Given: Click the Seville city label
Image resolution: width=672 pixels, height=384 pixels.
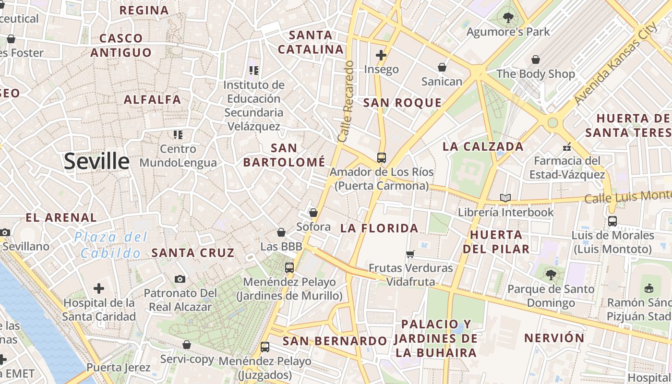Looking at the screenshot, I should (x=96, y=161).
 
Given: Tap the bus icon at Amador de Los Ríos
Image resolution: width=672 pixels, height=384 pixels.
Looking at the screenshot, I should (x=382, y=157).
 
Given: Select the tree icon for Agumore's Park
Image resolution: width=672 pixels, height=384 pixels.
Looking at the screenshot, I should (x=508, y=18).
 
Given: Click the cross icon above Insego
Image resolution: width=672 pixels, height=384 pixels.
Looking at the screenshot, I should (x=381, y=55).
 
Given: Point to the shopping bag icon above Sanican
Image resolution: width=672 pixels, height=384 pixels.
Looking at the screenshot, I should (x=442, y=67).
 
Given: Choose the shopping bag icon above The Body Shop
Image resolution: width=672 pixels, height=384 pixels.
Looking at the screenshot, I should (x=536, y=60).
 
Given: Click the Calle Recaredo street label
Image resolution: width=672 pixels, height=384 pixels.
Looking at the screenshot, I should (x=346, y=101).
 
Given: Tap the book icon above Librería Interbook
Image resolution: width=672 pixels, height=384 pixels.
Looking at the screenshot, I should (x=505, y=198).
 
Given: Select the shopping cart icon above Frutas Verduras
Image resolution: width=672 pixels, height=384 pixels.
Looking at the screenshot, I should (x=410, y=253).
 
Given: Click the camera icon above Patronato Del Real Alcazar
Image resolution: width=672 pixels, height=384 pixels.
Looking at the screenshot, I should (x=180, y=279).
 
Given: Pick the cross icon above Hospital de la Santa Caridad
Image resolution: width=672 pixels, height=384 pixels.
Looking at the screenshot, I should (x=99, y=288).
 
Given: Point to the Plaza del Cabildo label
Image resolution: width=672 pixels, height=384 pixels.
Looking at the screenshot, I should (x=111, y=245).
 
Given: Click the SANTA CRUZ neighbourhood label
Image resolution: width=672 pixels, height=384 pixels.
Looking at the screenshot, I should (x=193, y=252).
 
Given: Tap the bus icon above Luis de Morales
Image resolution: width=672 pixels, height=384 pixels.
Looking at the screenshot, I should (x=612, y=221).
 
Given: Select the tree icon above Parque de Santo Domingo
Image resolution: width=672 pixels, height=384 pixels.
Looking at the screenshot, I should (x=551, y=275).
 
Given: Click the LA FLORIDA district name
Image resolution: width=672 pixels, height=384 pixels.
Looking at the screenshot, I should (x=379, y=228).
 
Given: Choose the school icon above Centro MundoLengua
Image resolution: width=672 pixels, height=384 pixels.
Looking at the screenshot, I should (x=178, y=135).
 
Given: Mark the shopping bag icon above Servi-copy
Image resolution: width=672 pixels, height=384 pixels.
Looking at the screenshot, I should (x=187, y=345).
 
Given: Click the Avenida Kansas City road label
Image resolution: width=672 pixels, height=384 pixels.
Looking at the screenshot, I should (x=616, y=63).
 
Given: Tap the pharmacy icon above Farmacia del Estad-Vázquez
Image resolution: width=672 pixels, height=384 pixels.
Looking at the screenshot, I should (x=567, y=146).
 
